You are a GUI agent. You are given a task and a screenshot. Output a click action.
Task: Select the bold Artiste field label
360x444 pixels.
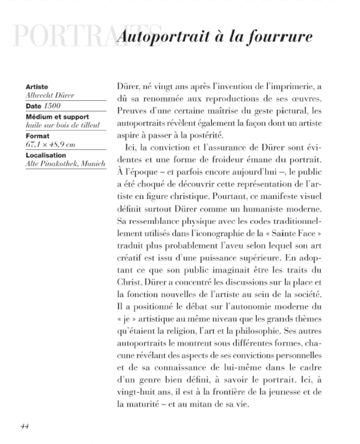coord(37,87)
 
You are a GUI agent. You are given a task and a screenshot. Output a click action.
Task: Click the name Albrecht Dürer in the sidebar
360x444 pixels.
coord(50,95)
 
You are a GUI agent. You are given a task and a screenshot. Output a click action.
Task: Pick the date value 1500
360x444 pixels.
coord(52,106)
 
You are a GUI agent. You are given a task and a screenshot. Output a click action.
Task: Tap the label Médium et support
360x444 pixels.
coord(57,117)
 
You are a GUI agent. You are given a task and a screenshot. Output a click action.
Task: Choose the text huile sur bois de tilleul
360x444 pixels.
coord(63,125)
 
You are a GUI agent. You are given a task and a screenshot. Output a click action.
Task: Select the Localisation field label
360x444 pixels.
coord(46,156)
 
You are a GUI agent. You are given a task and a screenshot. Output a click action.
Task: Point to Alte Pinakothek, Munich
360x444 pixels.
coord(65,164)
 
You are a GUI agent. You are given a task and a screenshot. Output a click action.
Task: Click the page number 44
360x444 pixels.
coord(24,426)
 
